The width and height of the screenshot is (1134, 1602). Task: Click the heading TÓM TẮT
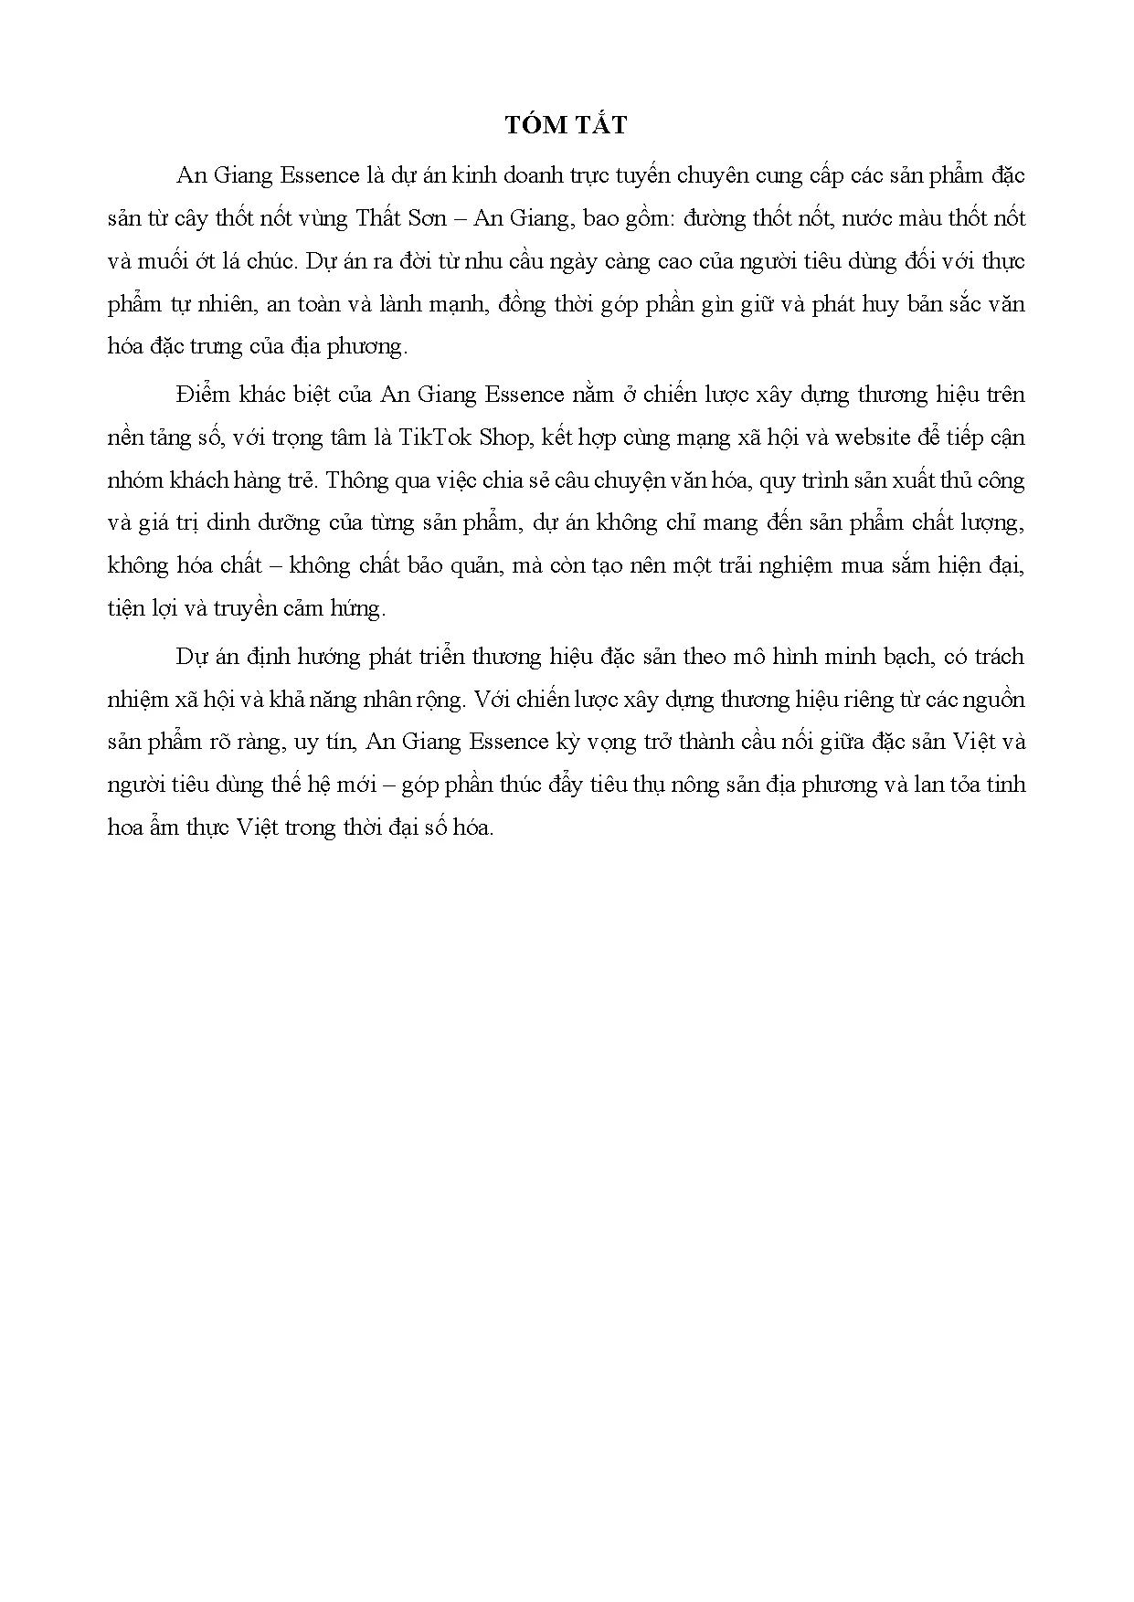(567, 125)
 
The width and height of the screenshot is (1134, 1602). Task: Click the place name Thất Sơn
(401, 218)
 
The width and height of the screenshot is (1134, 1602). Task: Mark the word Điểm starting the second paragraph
(206, 395)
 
